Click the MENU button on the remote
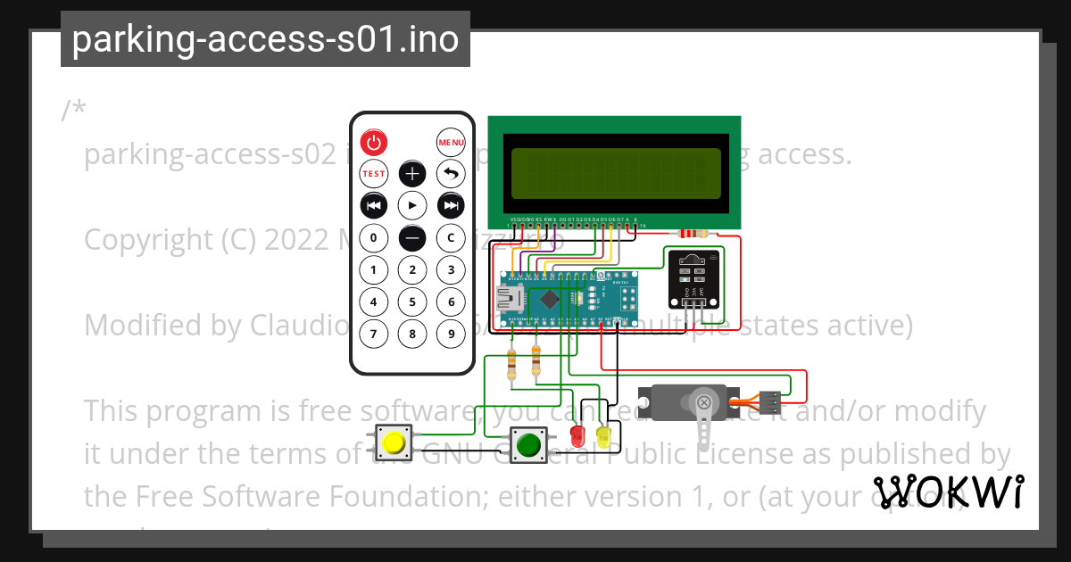coord(451,142)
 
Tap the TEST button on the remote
coord(373,173)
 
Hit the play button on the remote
coord(411,205)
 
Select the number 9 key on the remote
coord(451,334)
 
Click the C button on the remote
coord(451,238)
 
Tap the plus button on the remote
coord(411,173)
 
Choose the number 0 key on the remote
coord(373,238)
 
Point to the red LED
coord(578,436)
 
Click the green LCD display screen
coord(615,173)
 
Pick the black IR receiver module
coord(693,277)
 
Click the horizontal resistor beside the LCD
coord(693,234)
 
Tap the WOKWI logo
coord(949,492)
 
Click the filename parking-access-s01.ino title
coord(265,39)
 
